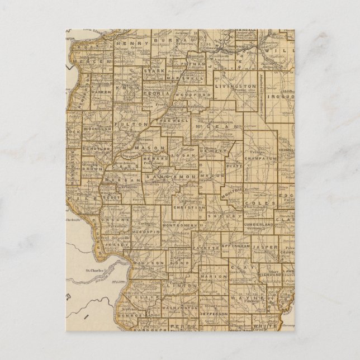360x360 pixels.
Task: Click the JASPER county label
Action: pos(263,245)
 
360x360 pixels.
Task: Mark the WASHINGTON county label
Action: pos(179,307)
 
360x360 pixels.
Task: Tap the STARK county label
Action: pos(151,71)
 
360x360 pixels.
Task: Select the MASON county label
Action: pos(143,148)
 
